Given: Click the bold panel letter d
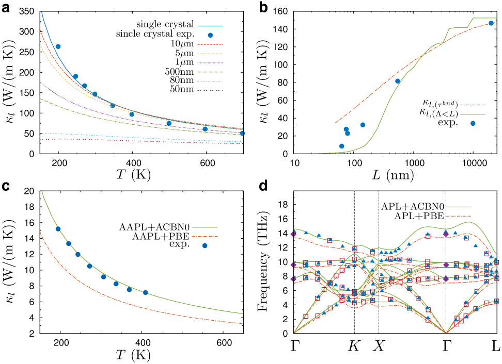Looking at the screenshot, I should point(263,185).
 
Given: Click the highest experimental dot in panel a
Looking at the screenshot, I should point(58,46).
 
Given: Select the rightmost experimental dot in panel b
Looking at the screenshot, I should point(491,23).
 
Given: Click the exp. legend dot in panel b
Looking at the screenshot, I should point(473,123).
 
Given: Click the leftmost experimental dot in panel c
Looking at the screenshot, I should point(58,229).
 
